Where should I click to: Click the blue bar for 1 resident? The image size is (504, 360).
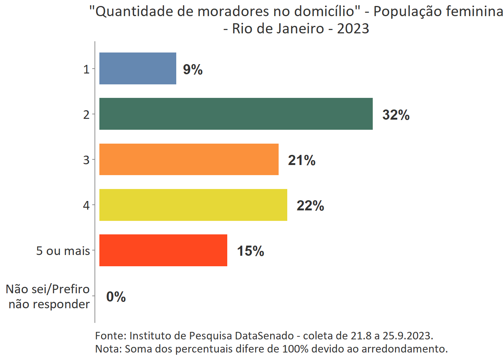pos(138,69)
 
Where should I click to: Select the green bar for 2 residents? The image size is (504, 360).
pos(236,114)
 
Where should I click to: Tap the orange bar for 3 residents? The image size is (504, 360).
pos(189,159)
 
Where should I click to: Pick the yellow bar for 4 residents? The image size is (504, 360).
pos(193,205)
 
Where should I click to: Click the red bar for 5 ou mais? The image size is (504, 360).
pos(163,250)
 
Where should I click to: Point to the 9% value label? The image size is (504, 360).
pos(193,69)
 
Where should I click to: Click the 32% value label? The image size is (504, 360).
pos(396,115)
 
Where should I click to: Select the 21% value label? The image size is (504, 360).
pos(302,160)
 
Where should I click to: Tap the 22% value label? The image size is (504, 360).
pos(310,205)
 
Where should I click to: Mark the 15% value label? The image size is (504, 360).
pos(250,251)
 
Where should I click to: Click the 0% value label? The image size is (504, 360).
pos(116,297)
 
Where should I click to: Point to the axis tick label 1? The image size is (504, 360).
pos(86,69)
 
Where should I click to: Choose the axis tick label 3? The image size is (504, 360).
pos(86,160)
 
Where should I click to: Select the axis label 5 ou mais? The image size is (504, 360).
pos(63,250)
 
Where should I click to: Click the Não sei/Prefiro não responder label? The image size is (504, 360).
pos(48,296)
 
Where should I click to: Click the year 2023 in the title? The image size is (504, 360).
pos(353,28)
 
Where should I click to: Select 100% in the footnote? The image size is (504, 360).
pos(295,349)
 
